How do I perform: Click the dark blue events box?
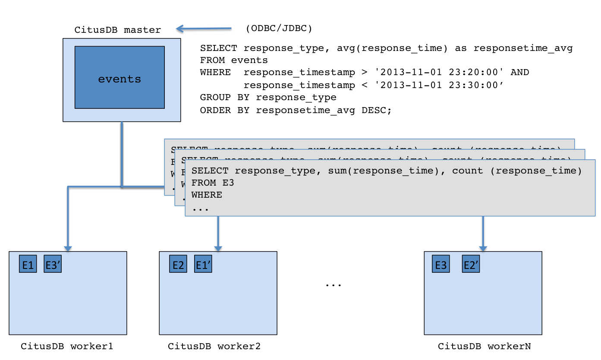tap(120, 77)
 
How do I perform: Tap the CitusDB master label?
tap(117, 30)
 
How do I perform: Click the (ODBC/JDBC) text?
tap(279, 28)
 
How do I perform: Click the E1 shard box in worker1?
tap(28, 264)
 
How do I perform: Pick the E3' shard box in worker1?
tap(53, 264)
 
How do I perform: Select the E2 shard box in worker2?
tap(178, 264)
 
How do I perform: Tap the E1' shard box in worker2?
tap(203, 264)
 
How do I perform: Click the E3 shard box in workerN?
tap(441, 264)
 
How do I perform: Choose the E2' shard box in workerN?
tap(471, 264)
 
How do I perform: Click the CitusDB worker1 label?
tap(67, 346)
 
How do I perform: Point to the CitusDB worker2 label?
tap(214, 346)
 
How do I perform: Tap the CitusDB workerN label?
tap(485, 346)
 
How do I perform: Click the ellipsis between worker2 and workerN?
tap(334, 285)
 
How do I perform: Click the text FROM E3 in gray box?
tap(213, 183)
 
